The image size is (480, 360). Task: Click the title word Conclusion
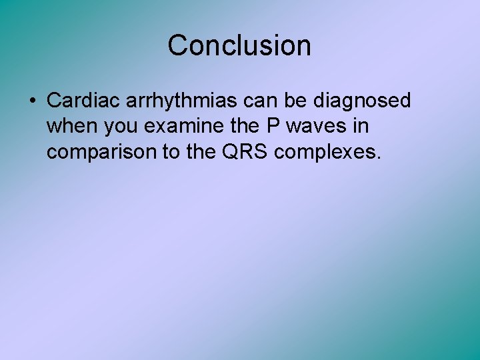pos(239,45)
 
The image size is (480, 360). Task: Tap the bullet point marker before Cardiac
pos(32,101)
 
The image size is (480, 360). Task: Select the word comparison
pos(101,153)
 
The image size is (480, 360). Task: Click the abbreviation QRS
pos(248,152)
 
